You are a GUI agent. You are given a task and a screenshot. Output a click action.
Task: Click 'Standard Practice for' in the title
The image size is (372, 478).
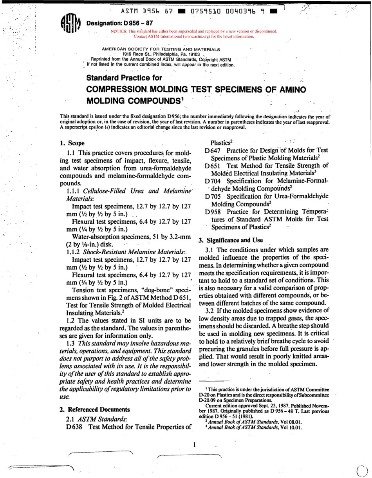(124, 78)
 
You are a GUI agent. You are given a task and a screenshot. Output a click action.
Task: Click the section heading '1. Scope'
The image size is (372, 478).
(72, 143)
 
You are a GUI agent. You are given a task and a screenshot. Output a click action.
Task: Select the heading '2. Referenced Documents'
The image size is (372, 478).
(94, 409)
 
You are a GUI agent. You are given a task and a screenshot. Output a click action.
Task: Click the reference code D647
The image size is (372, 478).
(213, 150)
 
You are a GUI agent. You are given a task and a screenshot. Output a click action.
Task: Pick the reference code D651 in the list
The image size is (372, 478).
(213, 166)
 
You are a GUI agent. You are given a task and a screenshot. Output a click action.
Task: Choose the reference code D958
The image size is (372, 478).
(213, 212)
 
